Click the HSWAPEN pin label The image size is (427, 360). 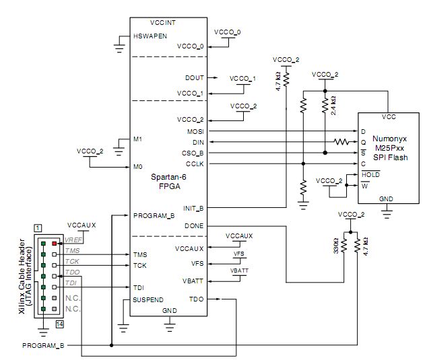tap(150, 36)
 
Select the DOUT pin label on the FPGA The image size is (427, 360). tap(193, 78)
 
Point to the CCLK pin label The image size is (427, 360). tap(195, 163)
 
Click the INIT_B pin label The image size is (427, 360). tap(193, 208)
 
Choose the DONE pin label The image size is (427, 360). tap(193, 225)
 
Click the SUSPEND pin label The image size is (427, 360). tap(149, 299)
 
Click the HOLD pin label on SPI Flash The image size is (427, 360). tap(370, 174)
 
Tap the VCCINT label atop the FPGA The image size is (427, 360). tap(162, 22)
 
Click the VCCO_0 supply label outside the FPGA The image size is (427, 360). tap(227, 32)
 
